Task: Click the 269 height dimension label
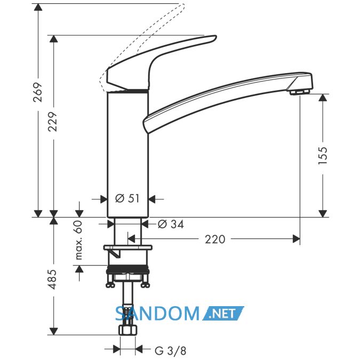click(38, 92)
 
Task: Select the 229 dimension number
click(53, 122)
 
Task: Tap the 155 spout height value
click(323, 155)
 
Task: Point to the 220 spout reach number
click(215, 239)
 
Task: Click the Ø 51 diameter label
click(127, 198)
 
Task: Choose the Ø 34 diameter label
click(171, 224)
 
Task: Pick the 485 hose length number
click(53, 279)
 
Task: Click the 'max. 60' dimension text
click(78, 240)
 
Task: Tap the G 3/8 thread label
click(170, 350)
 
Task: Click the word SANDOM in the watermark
click(157, 314)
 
